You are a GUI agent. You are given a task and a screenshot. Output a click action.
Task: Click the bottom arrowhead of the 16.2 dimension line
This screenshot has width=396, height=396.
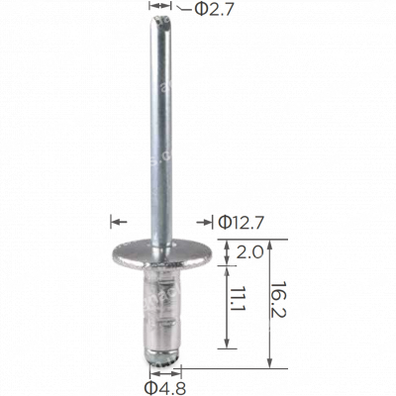pos(270,360)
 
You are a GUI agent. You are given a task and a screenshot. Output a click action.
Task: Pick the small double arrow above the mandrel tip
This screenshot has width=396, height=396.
pos(157,7)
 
